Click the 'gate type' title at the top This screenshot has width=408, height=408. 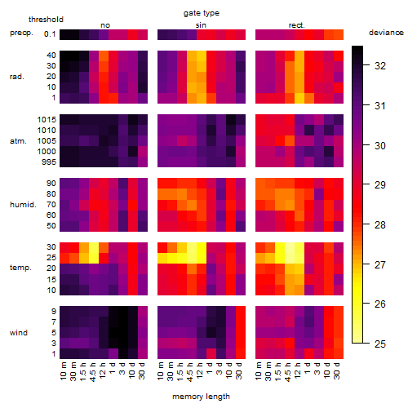click(x=202, y=13)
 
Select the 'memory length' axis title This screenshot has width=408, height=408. click(x=201, y=397)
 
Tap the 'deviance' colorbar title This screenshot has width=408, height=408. click(x=386, y=33)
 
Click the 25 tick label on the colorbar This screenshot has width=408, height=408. click(x=380, y=344)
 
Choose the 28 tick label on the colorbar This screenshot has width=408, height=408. click(x=380, y=225)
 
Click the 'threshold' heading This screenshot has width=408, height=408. click(x=46, y=20)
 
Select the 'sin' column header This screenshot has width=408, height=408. click(x=201, y=25)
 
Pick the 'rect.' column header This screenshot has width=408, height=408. click(x=296, y=25)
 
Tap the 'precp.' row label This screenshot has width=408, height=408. click(x=21, y=33)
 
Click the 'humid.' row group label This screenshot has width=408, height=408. click(x=23, y=205)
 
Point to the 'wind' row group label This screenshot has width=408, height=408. click(x=19, y=333)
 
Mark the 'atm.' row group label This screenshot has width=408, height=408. click(x=18, y=141)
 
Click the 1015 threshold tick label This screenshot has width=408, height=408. click(x=47, y=119)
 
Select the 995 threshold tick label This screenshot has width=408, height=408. click(x=49, y=162)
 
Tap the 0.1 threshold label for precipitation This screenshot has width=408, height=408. click(x=50, y=34)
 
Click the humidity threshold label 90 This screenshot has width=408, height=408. click(x=51, y=183)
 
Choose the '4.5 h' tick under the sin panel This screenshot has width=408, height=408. click(x=190, y=372)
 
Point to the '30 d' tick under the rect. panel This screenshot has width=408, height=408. click(x=337, y=370)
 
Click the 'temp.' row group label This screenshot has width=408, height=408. click(x=20, y=268)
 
